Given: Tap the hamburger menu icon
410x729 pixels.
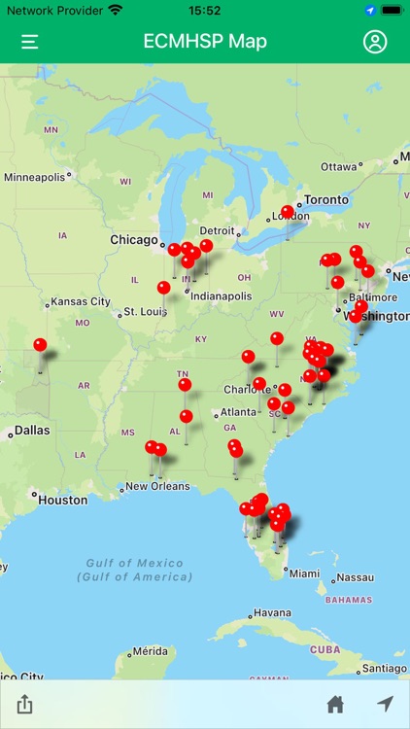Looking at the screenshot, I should pos(30,42).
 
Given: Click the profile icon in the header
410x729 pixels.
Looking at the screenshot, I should pos(374,42).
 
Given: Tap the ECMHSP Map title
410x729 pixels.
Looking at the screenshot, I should pos(205,42).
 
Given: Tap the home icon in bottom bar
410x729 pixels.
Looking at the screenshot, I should pos(335,704).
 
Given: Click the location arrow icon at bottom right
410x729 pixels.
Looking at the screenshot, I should pos(386,704).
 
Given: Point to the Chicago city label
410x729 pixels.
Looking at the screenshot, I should pos(134,240).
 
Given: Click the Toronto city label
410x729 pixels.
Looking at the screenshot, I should pos(325,199).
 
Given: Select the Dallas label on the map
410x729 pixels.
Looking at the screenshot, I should pos(31,430).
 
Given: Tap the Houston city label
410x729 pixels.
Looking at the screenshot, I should pos(62,500).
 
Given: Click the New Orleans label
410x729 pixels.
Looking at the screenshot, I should pos(156,486).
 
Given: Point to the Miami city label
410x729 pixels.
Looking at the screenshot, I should pos(304,573).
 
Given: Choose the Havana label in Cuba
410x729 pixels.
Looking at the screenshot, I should pos(271,613).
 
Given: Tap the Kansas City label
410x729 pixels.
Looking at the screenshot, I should pos(81,302).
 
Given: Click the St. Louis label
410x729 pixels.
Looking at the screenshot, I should pos(143,313).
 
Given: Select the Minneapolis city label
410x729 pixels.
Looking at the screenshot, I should pos(36,177).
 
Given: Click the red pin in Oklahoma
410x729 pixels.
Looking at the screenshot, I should pos(40,345).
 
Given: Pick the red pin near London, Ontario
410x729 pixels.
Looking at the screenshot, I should pos(287,212).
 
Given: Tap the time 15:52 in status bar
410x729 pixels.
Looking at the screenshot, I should pos(205,10).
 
